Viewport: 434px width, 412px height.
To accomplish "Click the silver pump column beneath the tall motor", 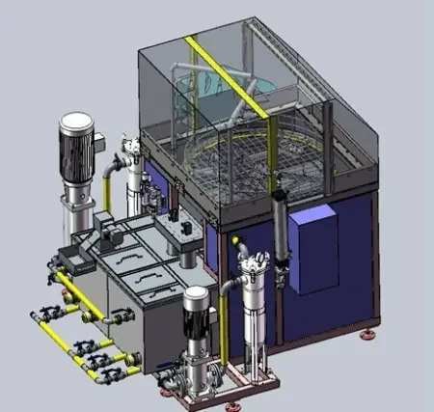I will [72, 207].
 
